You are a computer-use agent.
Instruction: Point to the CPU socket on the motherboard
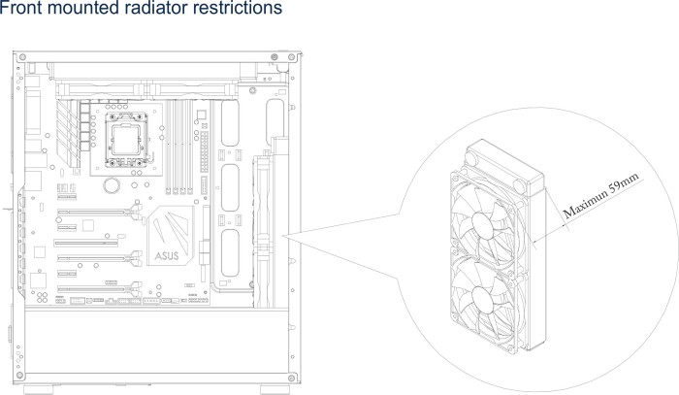[125, 140]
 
